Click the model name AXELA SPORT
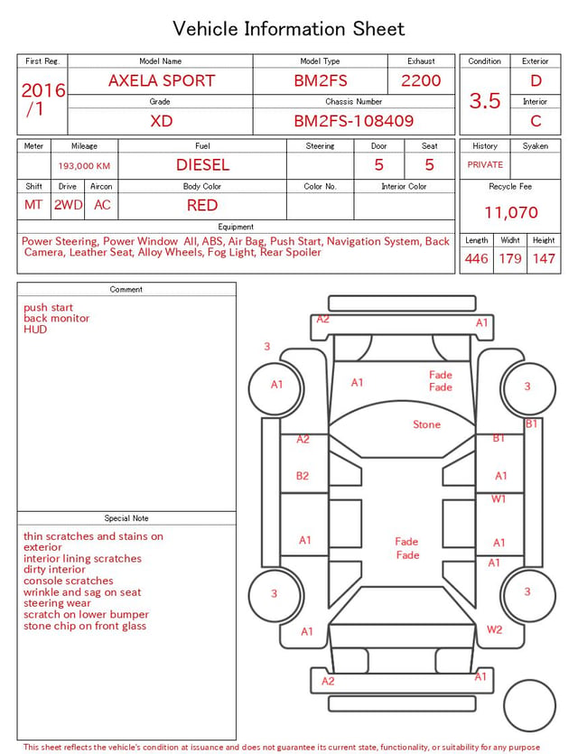point(162,80)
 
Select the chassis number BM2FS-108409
point(354,121)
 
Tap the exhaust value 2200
point(421,80)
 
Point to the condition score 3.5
point(485,101)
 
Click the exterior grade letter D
point(536,80)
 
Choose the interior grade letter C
point(536,121)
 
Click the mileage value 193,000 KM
point(84,166)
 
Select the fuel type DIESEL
point(202,165)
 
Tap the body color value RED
point(202,205)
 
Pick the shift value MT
point(33,205)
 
